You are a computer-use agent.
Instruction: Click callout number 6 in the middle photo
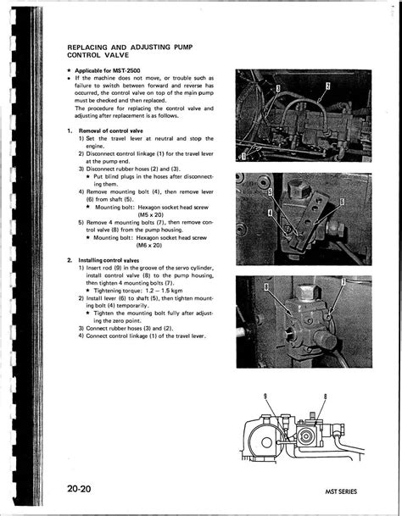point(342,202)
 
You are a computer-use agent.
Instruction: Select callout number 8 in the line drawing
point(325,397)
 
